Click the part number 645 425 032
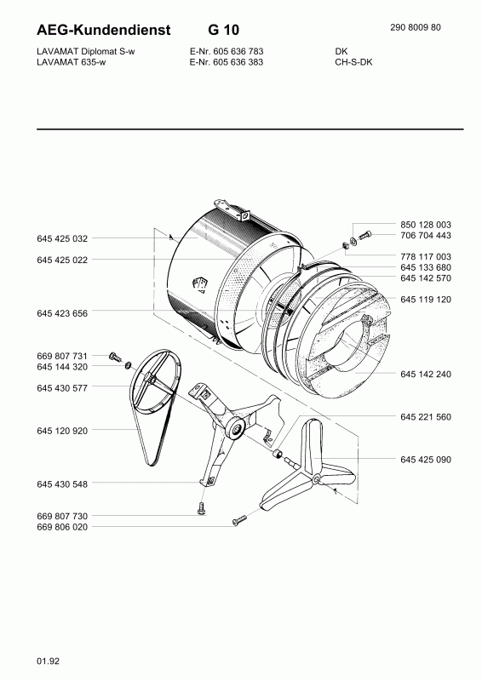(x=62, y=238)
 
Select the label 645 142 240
(x=426, y=374)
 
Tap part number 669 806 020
(x=62, y=527)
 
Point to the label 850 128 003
(x=426, y=225)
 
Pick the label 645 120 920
(x=62, y=431)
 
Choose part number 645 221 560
(x=426, y=417)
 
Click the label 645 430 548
(x=62, y=484)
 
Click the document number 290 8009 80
(x=416, y=27)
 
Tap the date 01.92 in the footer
(x=49, y=661)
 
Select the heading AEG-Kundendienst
(x=104, y=30)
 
